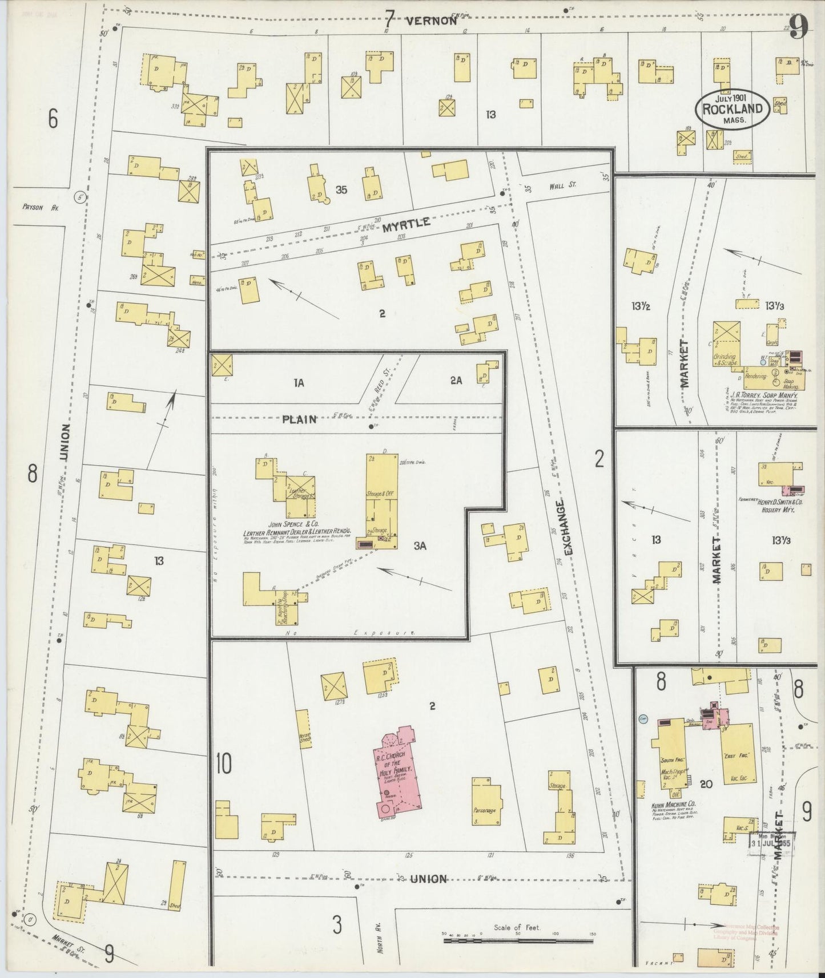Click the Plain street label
tap(299, 419)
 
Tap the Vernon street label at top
tap(432, 21)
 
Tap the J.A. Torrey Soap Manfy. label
tap(763, 394)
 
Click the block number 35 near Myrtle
tap(341, 190)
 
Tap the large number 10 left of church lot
tap(224, 765)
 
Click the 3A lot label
tap(420, 546)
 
